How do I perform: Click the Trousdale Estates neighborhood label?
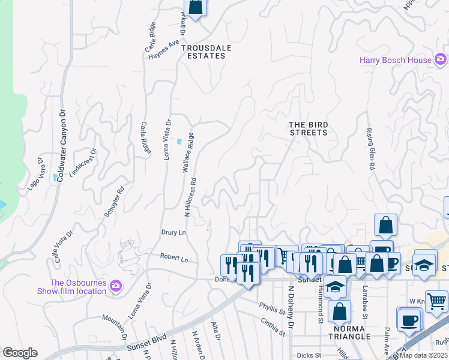pyautogui.click(x=203, y=51)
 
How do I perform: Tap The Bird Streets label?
pyautogui.click(x=309, y=128)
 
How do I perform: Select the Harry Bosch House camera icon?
pyautogui.click(x=441, y=59)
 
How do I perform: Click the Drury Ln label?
pyautogui.click(x=173, y=232)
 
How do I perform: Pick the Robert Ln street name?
pyautogui.click(x=174, y=257)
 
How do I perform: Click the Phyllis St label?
pyautogui.click(x=272, y=311)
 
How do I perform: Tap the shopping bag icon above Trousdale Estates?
pyautogui.click(x=196, y=7)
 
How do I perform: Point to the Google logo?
pyautogui.click(x=20, y=353)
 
